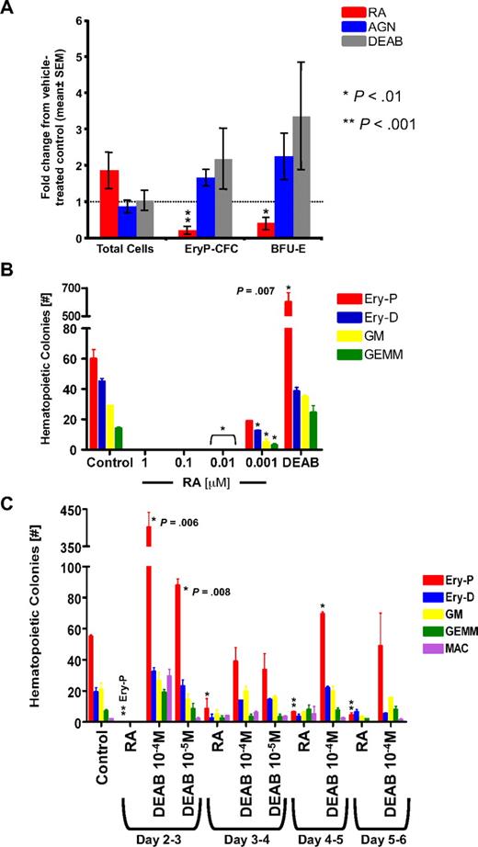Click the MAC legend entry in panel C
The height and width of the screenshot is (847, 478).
click(x=428, y=648)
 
